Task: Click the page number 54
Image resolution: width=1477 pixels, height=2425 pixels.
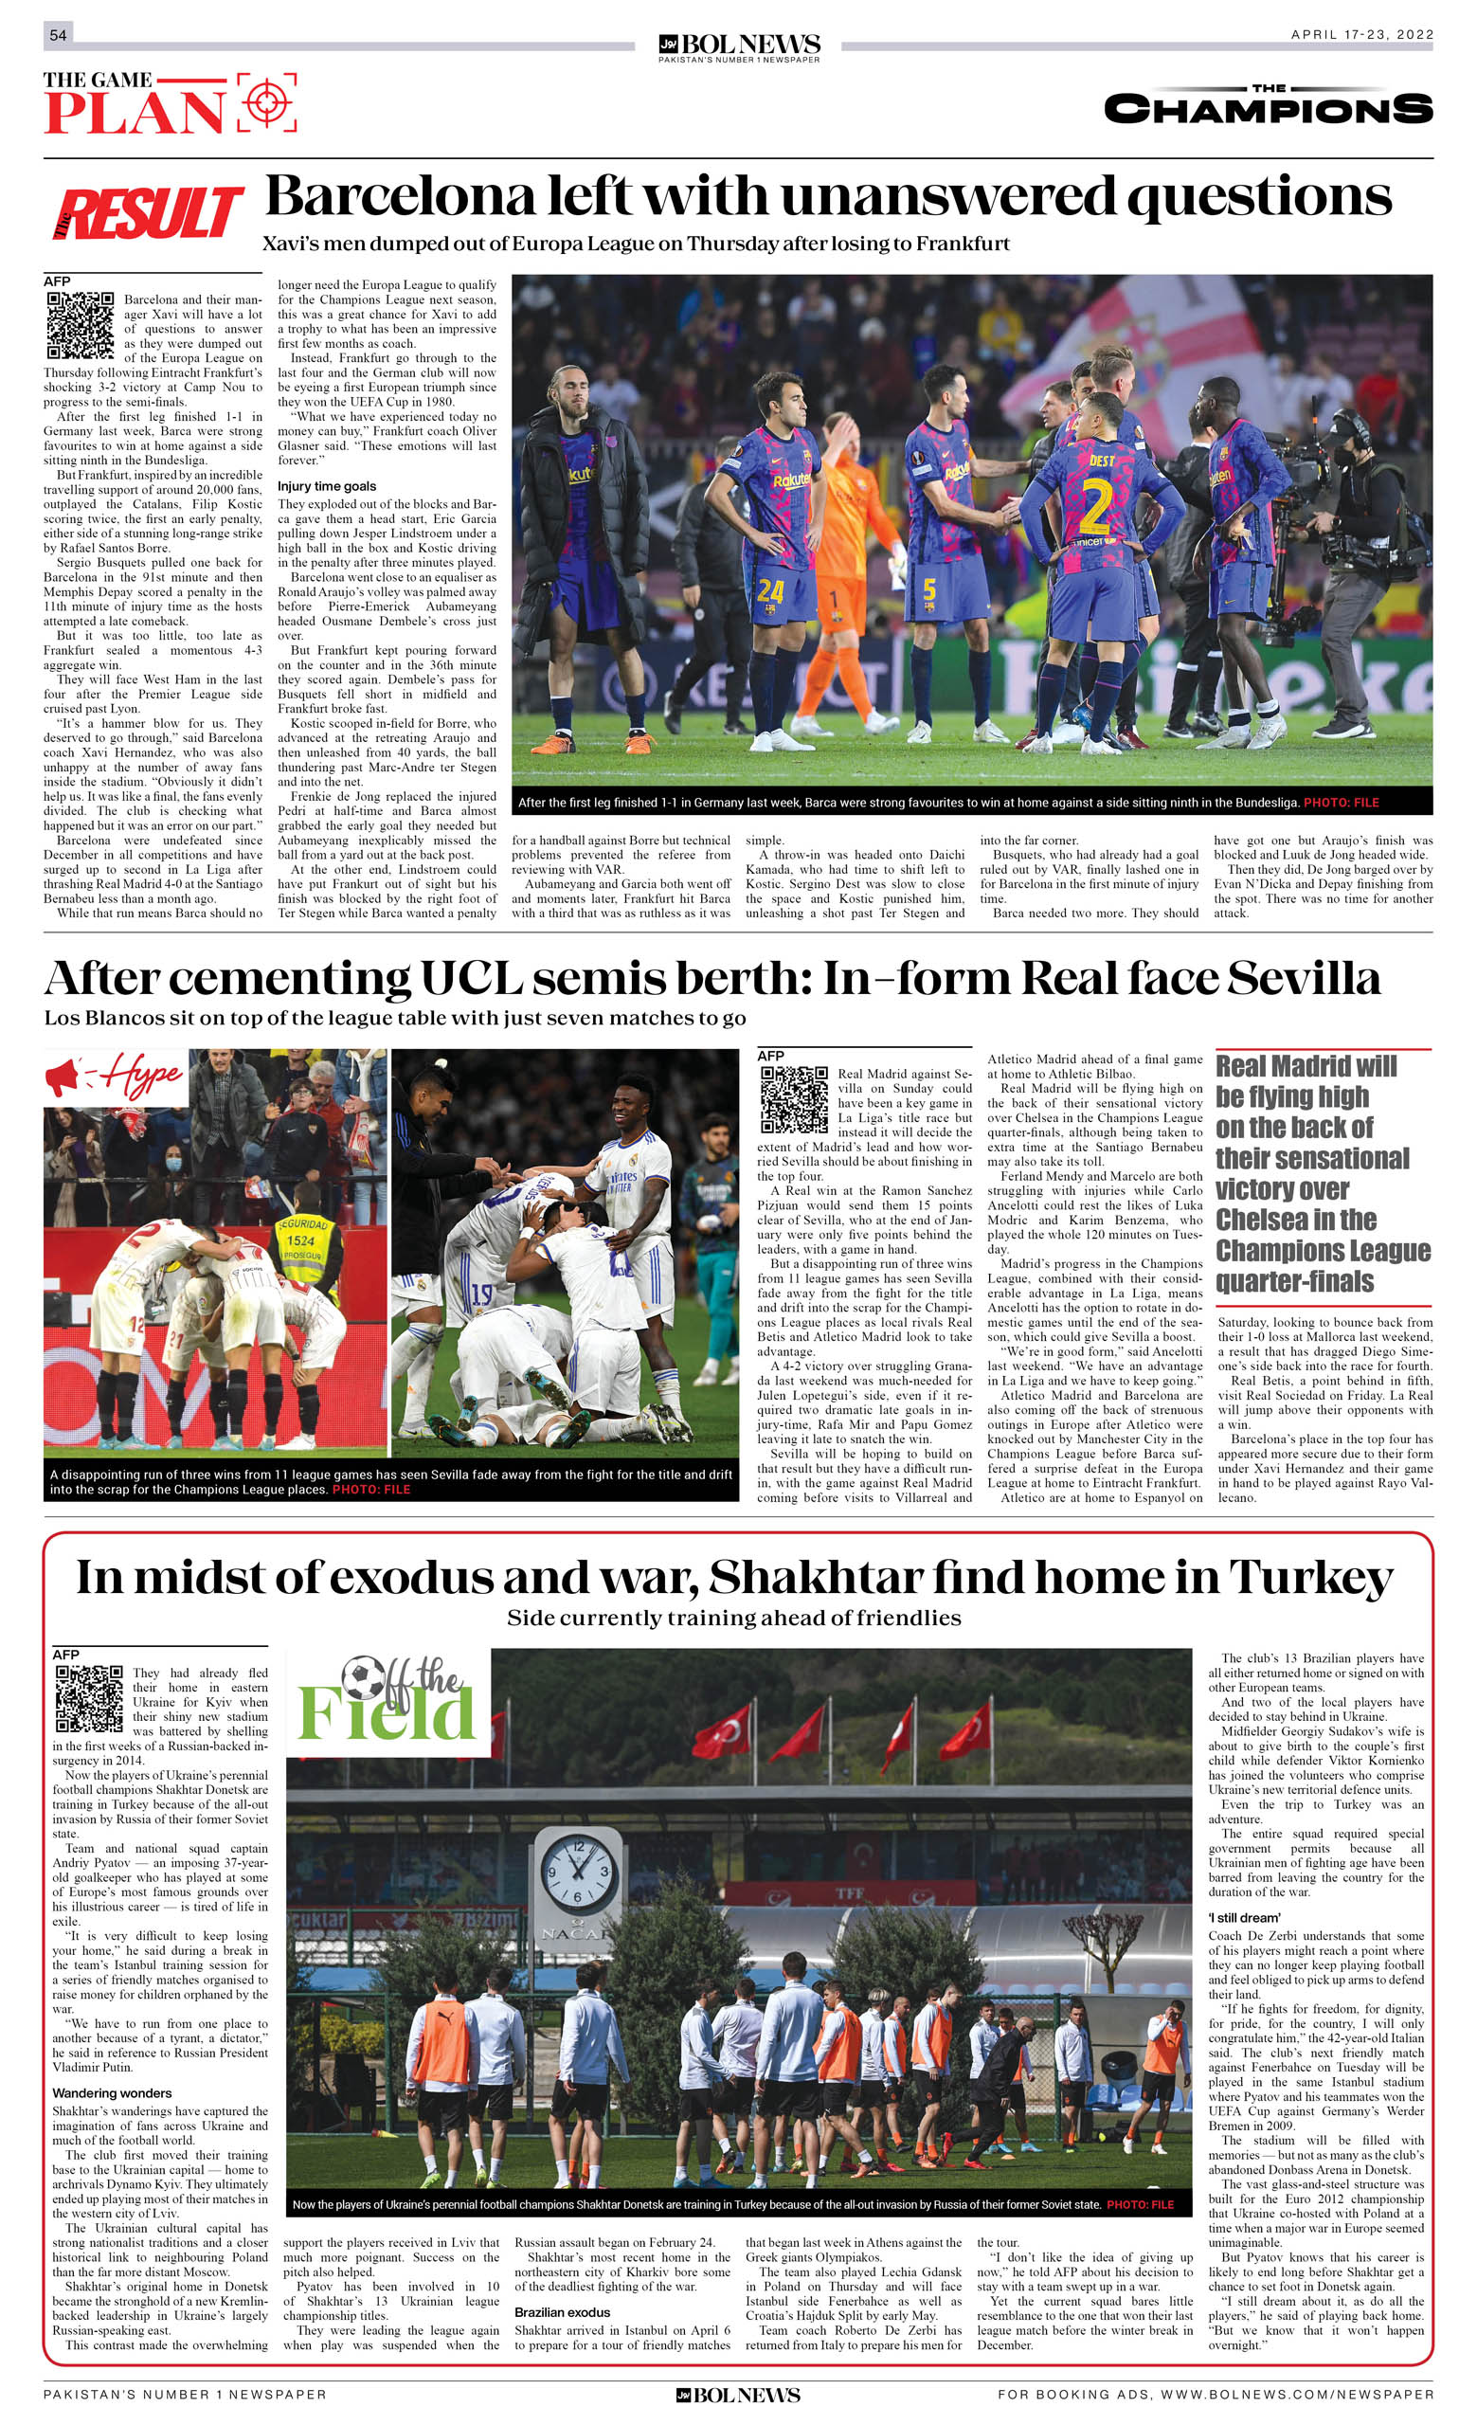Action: click(58, 35)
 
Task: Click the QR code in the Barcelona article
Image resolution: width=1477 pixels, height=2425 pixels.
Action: click(81, 326)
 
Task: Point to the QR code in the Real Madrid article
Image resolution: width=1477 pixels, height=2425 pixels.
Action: click(794, 1099)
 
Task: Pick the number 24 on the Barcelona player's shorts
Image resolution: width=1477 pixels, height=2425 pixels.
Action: click(770, 591)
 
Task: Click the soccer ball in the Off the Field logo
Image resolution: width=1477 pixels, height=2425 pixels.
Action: click(363, 1679)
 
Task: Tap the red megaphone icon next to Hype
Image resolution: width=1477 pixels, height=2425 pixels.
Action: click(62, 1076)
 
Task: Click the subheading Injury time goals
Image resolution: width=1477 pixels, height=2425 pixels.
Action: click(326, 486)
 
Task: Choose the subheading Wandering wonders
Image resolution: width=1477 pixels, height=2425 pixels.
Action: click(111, 2093)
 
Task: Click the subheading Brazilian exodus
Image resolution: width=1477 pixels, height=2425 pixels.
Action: click(562, 2312)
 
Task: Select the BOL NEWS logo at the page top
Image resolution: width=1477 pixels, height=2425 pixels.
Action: click(739, 45)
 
